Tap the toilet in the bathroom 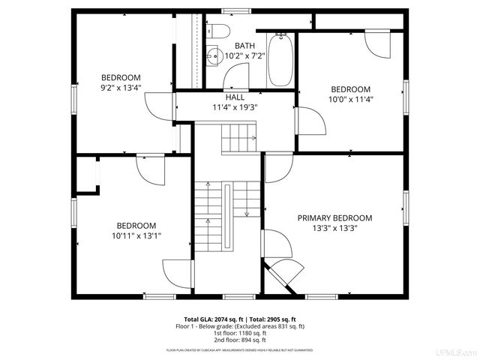[x=217, y=31]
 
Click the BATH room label [x=244, y=46]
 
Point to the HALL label [x=234, y=97]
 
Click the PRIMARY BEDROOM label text [x=334, y=218]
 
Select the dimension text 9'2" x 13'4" [x=121, y=88]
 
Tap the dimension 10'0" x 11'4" [x=350, y=99]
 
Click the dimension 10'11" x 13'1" [x=136, y=235]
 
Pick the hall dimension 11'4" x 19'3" [x=234, y=107]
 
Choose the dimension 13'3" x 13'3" [x=334, y=229]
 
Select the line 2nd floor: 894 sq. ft [x=240, y=340]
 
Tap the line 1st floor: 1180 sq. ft [x=240, y=333]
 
